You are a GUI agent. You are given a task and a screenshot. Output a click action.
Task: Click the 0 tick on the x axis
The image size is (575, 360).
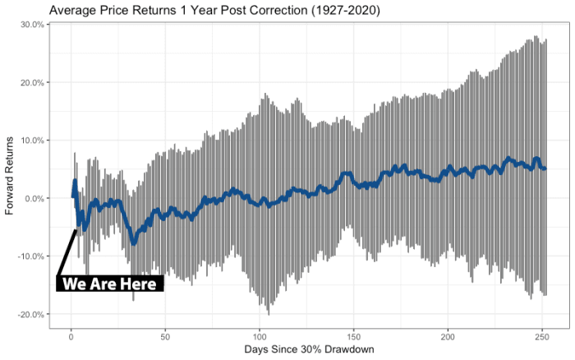coord(71,337)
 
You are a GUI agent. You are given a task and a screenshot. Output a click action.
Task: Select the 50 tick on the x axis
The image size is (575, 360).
coord(165,337)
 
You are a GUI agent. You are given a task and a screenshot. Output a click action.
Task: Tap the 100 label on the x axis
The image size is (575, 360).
coord(260,337)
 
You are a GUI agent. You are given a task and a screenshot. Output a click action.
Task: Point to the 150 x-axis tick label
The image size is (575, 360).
coord(354,337)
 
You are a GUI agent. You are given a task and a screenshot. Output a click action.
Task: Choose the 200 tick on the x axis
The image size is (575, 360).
coord(448,337)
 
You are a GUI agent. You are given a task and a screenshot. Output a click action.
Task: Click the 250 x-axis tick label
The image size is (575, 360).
coord(542,337)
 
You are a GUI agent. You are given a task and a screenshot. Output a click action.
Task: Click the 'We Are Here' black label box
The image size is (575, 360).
coord(111,284)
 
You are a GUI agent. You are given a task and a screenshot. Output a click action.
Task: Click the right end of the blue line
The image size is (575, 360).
coord(545,168)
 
